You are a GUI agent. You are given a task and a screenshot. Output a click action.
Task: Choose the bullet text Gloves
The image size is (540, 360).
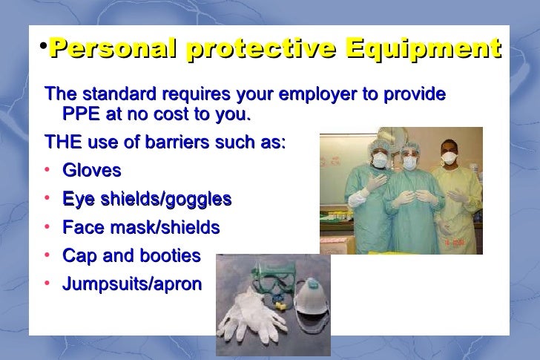92,171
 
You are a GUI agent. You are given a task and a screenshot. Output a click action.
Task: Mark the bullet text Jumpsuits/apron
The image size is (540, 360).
132,284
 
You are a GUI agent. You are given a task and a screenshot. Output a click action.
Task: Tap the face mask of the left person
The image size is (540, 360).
379,160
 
